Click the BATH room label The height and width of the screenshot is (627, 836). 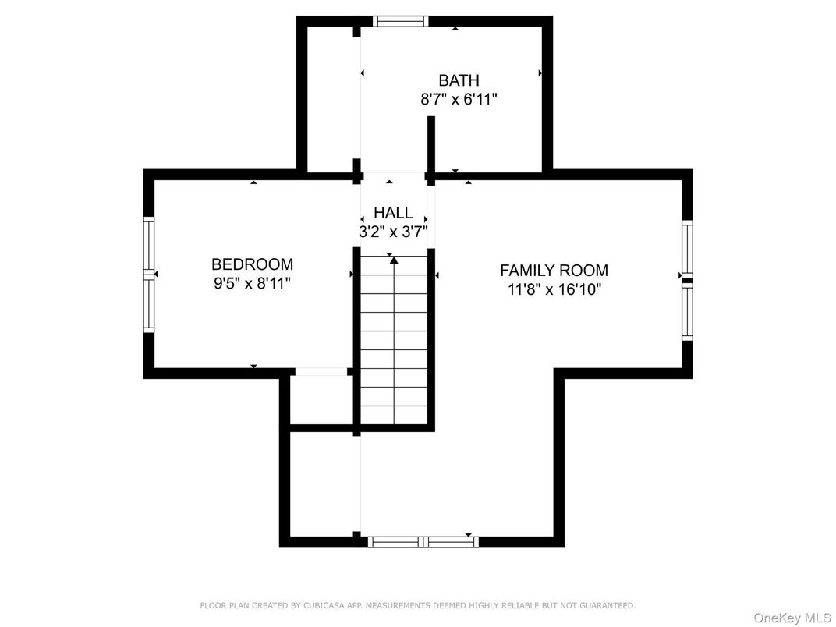click(x=459, y=80)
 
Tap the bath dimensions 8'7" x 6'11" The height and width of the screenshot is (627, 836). click(x=459, y=99)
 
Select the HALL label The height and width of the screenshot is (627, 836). click(x=393, y=213)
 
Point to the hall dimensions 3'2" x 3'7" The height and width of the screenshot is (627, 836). click(x=393, y=232)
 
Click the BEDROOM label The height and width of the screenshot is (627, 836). click(x=252, y=264)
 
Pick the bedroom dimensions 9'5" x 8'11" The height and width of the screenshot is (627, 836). click(x=252, y=283)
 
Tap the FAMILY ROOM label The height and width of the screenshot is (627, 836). click(x=554, y=271)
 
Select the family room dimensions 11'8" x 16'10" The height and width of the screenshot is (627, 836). click(x=554, y=289)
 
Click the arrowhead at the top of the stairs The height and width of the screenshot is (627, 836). click(x=394, y=260)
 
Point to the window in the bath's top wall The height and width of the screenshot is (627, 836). click(x=400, y=21)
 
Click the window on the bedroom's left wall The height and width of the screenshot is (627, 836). click(x=149, y=275)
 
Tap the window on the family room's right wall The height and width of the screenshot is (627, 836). click(x=687, y=281)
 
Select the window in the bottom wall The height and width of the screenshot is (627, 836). click(x=423, y=542)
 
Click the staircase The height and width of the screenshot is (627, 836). click(x=394, y=339)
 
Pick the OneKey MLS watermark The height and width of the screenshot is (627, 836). click(x=792, y=618)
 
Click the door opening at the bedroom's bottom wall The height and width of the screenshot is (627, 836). click(x=321, y=372)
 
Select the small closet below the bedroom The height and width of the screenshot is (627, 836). click(x=321, y=400)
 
